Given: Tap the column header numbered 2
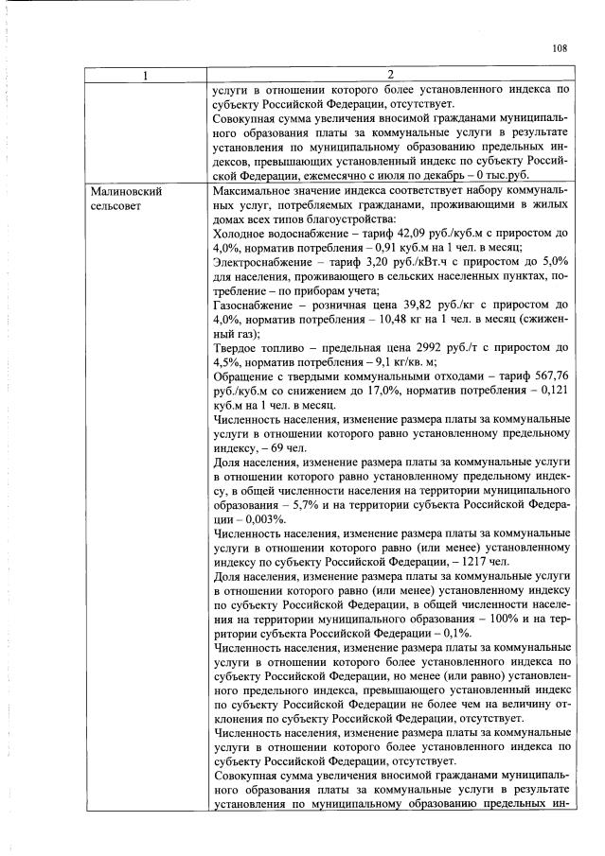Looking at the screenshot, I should click(x=390, y=75).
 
